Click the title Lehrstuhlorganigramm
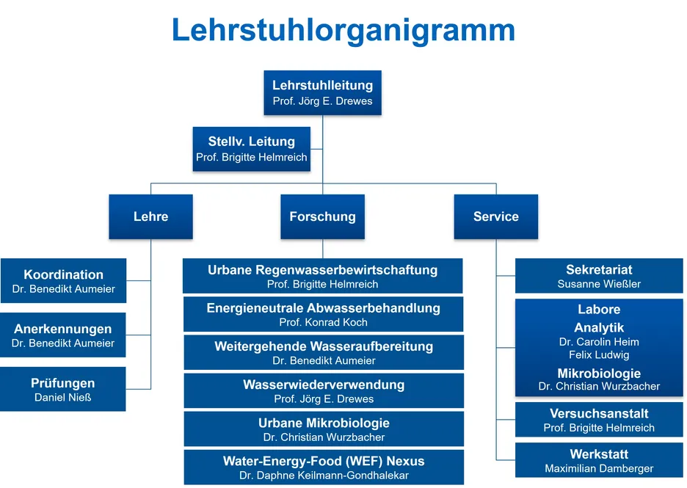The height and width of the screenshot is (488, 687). point(343,31)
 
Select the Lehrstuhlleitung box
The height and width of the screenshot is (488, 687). point(322,93)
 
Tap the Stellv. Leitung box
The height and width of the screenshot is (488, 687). point(252,149)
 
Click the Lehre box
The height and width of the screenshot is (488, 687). point(150,216)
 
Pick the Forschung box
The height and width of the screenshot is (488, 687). point(322,216)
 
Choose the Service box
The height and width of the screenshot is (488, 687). point(496,216)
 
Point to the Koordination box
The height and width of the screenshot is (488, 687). point(64,281)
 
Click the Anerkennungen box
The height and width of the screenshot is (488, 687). point(62,335)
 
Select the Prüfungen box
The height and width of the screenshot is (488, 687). point(62,390)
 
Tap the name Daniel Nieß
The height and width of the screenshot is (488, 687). point(62,397)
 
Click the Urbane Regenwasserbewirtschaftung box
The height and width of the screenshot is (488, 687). point(322,276)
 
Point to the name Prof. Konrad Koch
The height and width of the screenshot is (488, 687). point(324,322)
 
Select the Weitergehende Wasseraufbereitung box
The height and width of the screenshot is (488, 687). point(324,353)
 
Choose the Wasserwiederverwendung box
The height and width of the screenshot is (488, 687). point(324,390)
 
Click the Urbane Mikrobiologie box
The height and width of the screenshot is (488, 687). point(324,429)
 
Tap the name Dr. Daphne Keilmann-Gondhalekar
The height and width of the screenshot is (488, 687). point(324,476)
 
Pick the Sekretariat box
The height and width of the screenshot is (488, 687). point(599,276)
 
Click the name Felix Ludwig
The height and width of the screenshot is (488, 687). point(599,355)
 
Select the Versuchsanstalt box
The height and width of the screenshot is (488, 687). point(599,420)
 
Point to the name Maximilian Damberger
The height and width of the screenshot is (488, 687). point(599,468)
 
